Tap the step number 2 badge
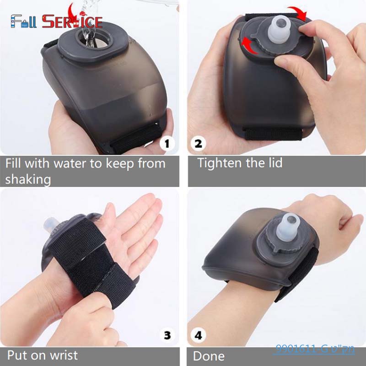click(x=199, y=144)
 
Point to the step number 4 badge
click(x=199, y=336)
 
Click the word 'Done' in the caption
click(x=209, y=356)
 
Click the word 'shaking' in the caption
click(x=28, y=179)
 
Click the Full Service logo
click(x=56, y=21)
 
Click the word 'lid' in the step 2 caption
click(x=273, y=163)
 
